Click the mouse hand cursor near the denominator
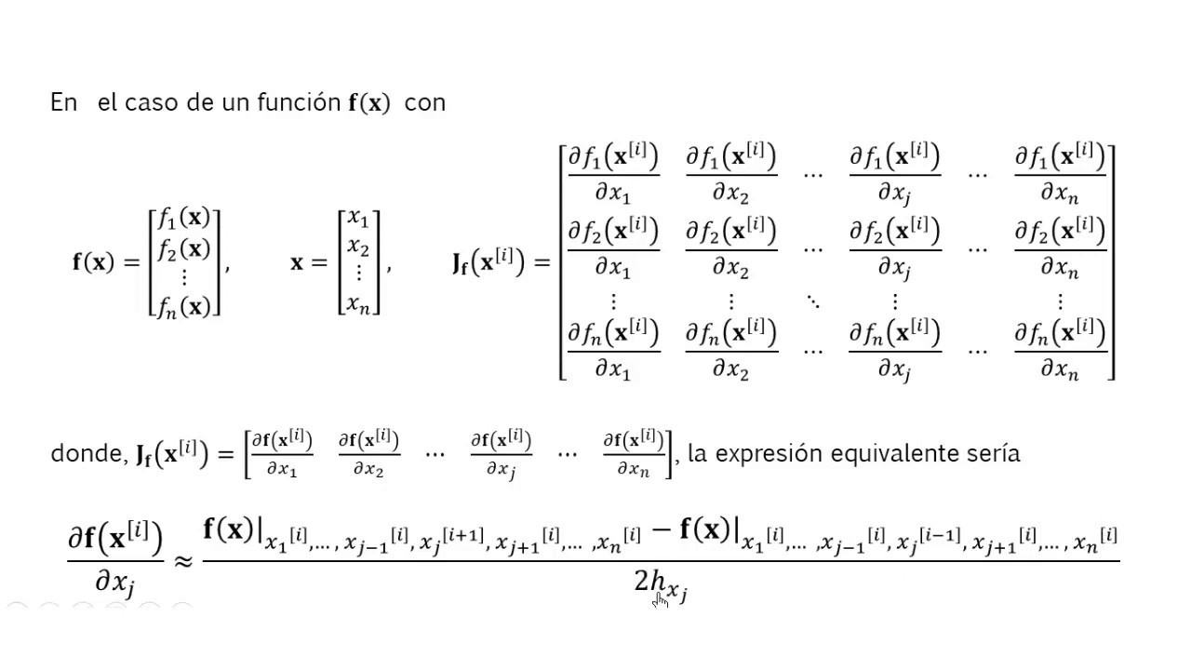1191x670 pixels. tap(660, 600)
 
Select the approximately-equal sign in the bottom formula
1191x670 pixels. tap(182, 561)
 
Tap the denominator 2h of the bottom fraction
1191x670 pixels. tap(651, 583)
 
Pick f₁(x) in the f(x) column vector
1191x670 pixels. tap(184, 220)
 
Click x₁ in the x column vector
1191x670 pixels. tap(358, 220)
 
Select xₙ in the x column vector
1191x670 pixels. tap(358, 302)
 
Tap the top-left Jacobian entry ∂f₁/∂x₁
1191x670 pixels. tap(613, 173)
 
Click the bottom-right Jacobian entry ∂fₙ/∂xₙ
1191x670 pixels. tap(1060, 350)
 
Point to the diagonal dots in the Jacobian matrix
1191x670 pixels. tap(812, 301)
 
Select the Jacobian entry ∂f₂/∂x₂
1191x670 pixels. tap(731, 248)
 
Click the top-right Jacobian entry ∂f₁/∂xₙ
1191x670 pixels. tap(1060, 173)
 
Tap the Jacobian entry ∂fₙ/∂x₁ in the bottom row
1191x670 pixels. tap(613, 350)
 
